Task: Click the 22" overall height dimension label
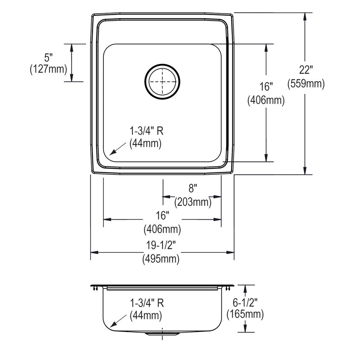[x=306, y=70]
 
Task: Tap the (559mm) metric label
[x=306, y=83]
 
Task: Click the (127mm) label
[x=49, y=69]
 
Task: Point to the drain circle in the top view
[x=162, y=82]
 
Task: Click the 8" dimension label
[x=193, y=188]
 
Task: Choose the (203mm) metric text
[x=193, y=202]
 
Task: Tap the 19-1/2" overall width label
[x=161, y=245]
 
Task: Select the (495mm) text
[x=161, y=259]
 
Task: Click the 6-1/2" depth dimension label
[x=245, y=303]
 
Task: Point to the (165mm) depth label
[x=245, y=314]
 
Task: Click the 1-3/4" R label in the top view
[x=147, y=131]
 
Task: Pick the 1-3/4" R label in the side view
[x=147, y=303]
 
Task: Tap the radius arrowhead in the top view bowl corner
[x=112, y=153]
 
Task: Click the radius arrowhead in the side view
[x=113, y=324]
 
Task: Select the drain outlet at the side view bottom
[x=162, y=334]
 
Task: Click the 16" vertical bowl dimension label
[x=266, y=86]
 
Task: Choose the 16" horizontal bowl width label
[x=162, y=216]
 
